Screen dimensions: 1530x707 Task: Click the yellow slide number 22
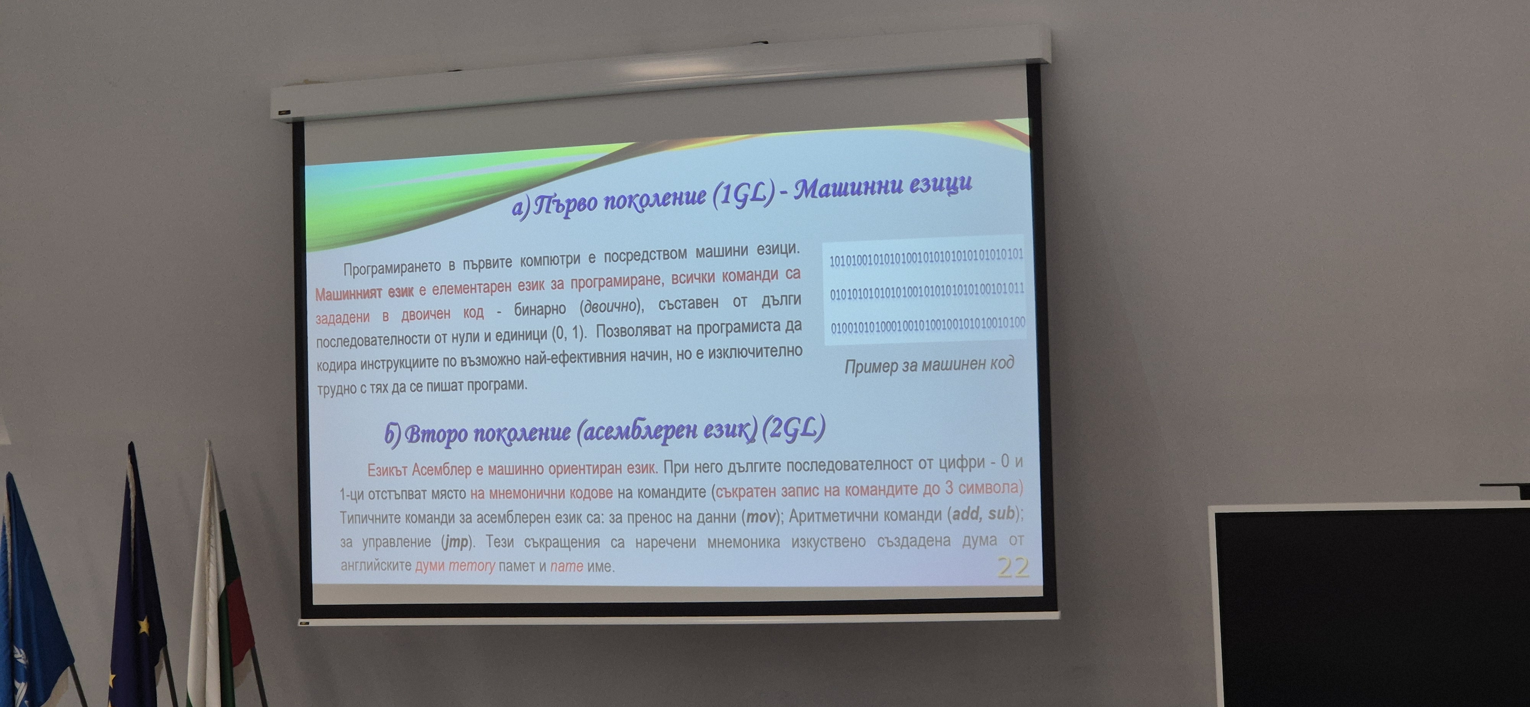1013,567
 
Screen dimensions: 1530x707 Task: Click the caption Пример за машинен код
929,364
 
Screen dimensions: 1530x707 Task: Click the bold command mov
761,516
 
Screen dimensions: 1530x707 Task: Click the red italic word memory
472,565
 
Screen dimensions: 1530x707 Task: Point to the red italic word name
566,565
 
